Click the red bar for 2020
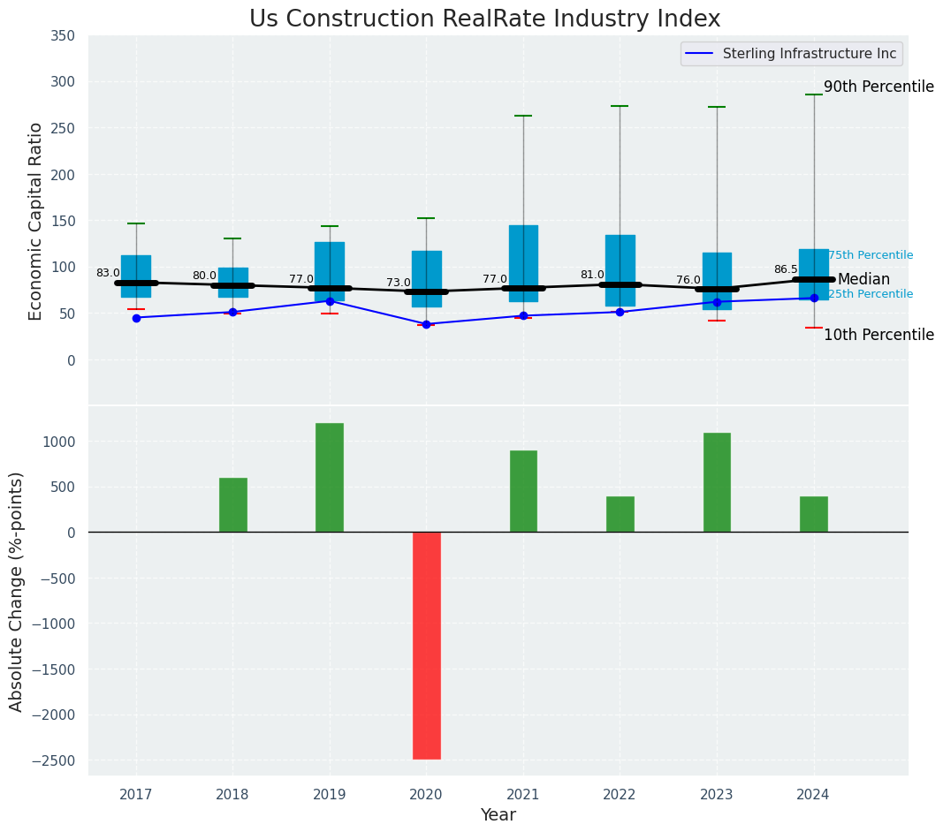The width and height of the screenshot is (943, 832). click(x=426, y=645)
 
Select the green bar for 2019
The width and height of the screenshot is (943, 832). click(x=330, y=478)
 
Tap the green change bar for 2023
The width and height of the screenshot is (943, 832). click(x=717, y=482)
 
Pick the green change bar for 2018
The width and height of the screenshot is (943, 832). click(x=233, y=505)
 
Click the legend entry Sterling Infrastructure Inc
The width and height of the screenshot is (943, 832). click(x=809, y=54)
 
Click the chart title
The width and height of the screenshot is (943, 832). click(x=484, y=19)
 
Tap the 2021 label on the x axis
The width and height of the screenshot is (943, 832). click(x=523, y=795)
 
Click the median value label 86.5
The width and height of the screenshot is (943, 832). click(x=786, y=269)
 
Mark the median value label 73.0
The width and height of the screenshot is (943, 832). click(x=399, y=283)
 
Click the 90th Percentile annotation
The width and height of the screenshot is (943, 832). click(x=878, y=87)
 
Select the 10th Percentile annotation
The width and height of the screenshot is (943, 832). click(x=878, y=335)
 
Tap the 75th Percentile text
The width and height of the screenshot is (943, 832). click(x=871, y=255)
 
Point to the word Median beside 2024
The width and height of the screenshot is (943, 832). click(x=863, y=279)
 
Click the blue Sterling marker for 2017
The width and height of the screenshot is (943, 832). click(x=136, y=318)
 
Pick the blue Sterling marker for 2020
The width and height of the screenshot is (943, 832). click(x=426, y=324)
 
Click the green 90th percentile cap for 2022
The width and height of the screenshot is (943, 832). click(x=620, y=106)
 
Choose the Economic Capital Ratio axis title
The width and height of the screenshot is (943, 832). click(x=36, y=221)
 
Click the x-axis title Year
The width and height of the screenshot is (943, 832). click(x=498, y=815)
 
